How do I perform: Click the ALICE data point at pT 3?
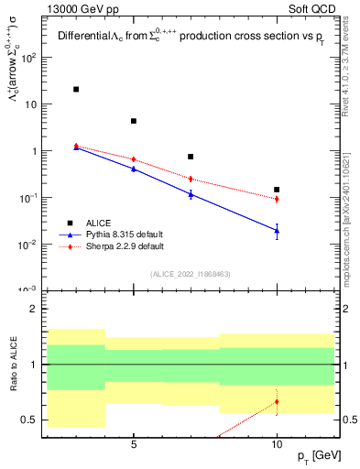tap(76, 90)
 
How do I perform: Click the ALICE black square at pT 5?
tap(134, 121)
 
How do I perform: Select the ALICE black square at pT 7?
tap(191, 157)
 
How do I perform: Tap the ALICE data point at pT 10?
tap(277, 190)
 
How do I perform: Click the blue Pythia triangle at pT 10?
tap(277, 231)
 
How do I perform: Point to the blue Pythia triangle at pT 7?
tap(191, 193)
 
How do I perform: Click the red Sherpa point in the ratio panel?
tap(277, 401)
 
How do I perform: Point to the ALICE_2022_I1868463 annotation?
tap(190, 274)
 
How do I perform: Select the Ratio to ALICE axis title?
tap(13, 365)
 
